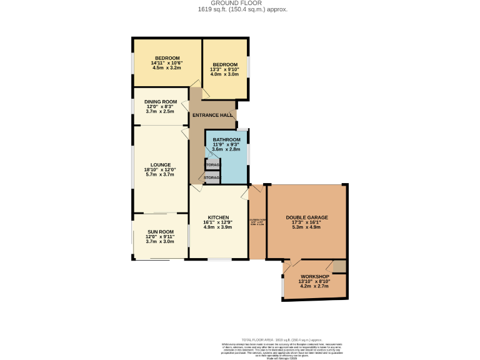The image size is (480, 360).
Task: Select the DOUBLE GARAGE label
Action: (306, 217)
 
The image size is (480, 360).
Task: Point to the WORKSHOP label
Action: (314, 276)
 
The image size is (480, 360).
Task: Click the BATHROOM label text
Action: (226, 139)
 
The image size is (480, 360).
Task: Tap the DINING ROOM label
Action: (161, 101)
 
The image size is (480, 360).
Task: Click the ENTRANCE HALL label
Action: (212, 115)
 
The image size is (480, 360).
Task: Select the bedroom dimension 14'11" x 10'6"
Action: (166, 62)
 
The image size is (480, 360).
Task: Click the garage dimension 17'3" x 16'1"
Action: (306, 222)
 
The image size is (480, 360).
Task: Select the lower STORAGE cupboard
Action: (211, 178)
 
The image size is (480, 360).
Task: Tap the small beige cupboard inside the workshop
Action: (339, 266)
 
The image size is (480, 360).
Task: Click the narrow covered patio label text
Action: (257, 220)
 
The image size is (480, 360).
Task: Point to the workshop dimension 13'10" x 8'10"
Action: (314, 281)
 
